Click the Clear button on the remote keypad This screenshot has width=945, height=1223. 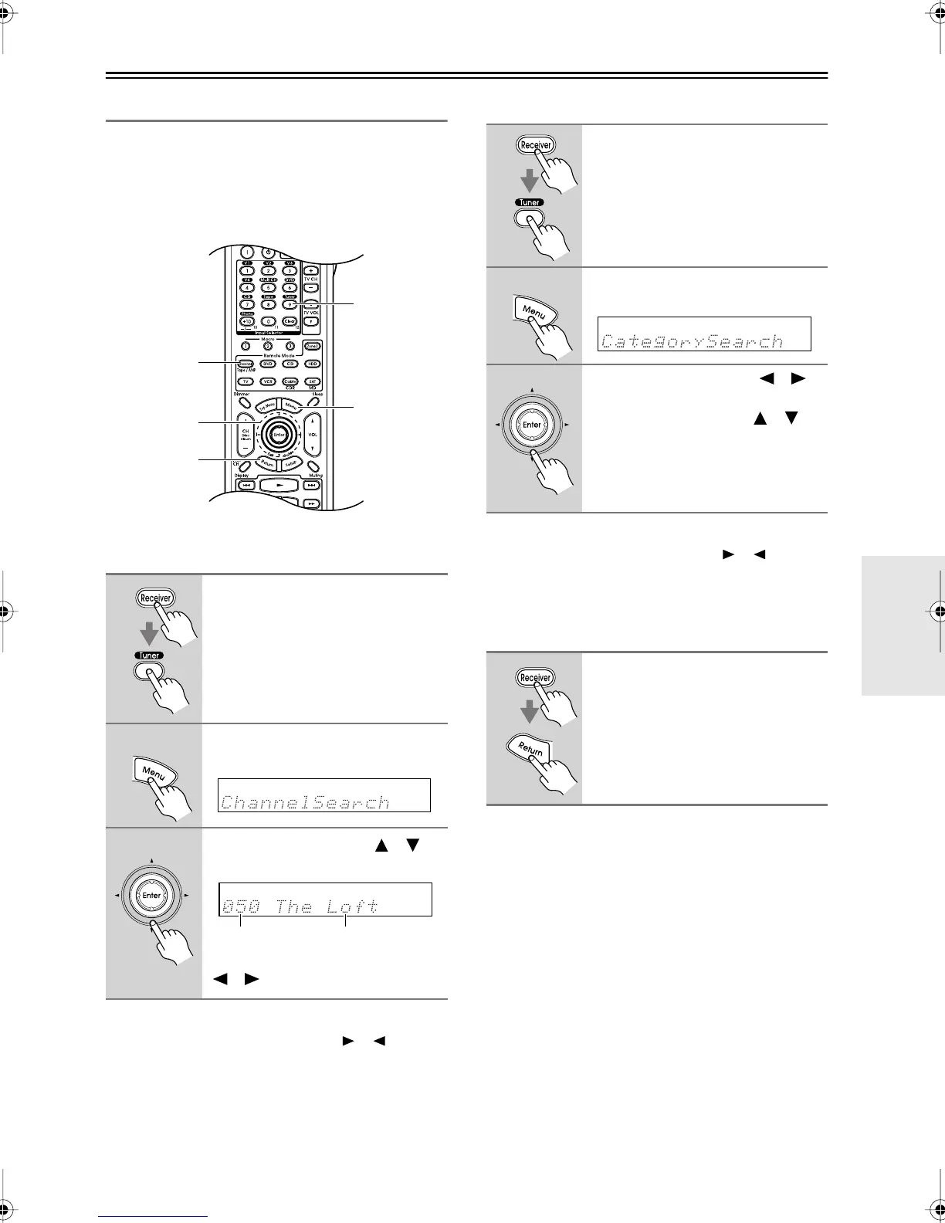(x=290, y=321)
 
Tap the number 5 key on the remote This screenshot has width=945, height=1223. (x=268, y=287)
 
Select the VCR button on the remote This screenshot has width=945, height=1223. (x=268, y=381)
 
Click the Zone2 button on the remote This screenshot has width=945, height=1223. (x=312, y=346)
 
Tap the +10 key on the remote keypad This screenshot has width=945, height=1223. (x=246, y=321)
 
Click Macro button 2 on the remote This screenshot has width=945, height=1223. (x=268, y=346)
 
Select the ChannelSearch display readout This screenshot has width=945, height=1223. (x=323, y=795)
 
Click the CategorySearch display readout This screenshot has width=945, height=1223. (x=704, y=334)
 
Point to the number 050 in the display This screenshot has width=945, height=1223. (x=241, y=906)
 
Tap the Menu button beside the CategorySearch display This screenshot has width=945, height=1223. (x=535, y=312)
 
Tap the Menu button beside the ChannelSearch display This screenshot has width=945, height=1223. (x=153, y=771)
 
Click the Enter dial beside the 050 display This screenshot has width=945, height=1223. (x=152, y=896)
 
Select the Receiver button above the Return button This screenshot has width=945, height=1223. (x=535, y=678)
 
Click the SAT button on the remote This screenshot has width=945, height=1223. (x=312, y=381)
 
